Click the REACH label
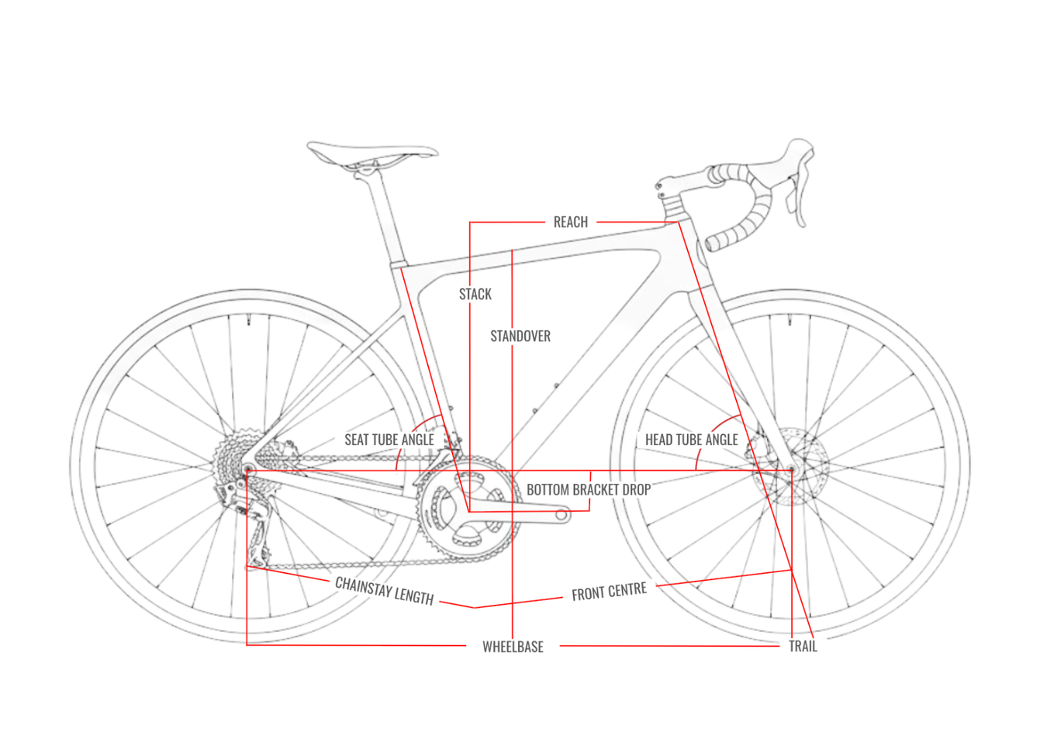570,223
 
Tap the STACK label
475,295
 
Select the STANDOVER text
520,337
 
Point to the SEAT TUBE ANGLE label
389,440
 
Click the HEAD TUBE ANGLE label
691,440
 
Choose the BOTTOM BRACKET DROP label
588,490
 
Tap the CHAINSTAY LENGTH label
384,590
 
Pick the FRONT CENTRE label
609,592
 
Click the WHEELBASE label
513,647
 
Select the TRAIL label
803,647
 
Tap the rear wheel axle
248,470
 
